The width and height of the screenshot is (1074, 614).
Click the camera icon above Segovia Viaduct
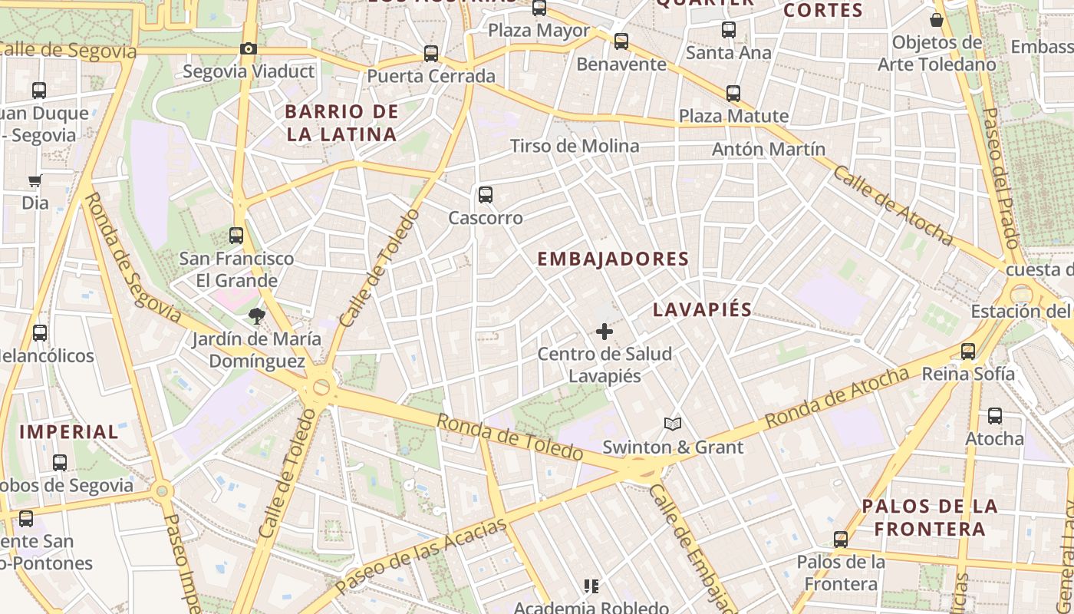(x=248, y=49)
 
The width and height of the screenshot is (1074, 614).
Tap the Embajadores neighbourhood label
(x=613, y=259)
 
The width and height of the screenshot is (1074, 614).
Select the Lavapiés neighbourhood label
(x=702, y=310)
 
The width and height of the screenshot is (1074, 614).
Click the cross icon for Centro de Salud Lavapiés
(x=605, y=332)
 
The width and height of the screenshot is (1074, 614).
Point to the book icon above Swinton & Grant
(x=673, y=424)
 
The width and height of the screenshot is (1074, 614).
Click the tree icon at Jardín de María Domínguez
(x=256, y=315)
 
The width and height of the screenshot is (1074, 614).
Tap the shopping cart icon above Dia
(x=35, y=181)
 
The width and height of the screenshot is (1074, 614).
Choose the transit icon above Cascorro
(x=486, y=195)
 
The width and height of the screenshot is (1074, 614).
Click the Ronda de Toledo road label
(x=510, y=437)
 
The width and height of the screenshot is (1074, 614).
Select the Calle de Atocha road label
(x=893, y=205)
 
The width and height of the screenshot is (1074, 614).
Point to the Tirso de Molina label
(x=575, y=146)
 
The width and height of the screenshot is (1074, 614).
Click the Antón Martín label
(x=769, y=149)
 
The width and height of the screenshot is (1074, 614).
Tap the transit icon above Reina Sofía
(x=968, y=352)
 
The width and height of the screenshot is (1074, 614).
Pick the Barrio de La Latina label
(x=341, y=123)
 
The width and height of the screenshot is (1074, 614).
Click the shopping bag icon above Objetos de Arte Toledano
(x=936, y=20)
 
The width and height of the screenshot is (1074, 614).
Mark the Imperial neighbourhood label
(x=69, y=431)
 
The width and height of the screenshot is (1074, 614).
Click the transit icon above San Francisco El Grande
(x=236, y=236)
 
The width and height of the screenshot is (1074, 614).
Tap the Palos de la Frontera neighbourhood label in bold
(x=930, y=517)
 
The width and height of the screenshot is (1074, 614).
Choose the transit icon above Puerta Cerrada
(x=431, y=54)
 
